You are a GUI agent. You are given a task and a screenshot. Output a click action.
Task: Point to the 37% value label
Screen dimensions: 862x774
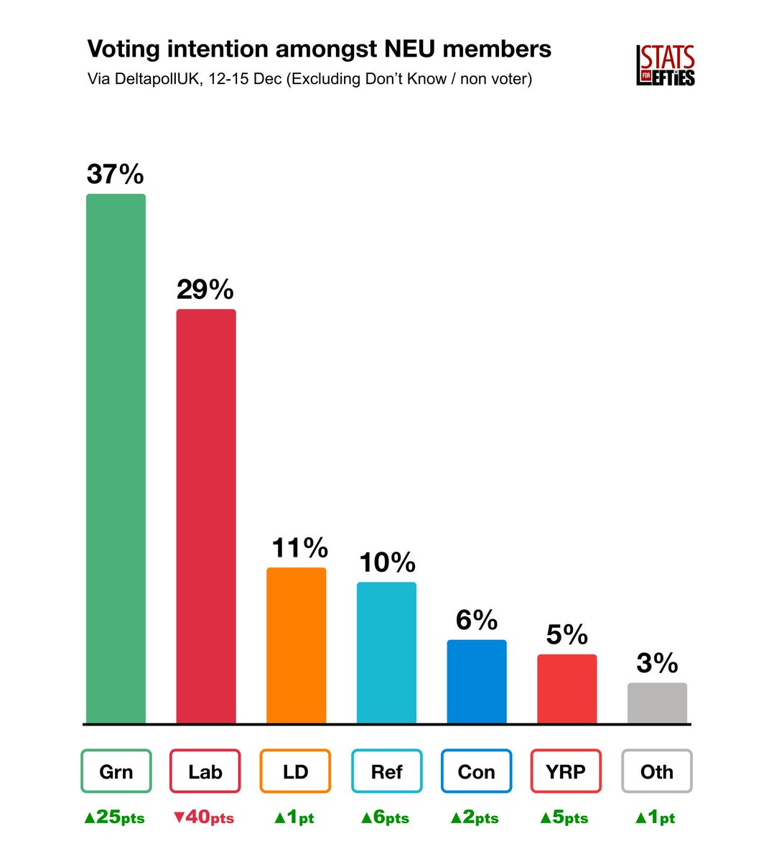coord(116,175)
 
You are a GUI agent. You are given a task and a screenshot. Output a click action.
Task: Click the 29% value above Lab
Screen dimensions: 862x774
coord(205,289)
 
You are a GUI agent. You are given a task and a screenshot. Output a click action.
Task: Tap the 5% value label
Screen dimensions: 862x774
coord(567,634)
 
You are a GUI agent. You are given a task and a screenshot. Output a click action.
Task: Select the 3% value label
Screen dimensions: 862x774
coord(657,663)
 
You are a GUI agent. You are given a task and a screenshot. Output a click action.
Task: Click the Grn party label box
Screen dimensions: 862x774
coord(116,771)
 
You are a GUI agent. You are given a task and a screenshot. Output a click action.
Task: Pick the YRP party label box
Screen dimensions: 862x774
coord(566,771)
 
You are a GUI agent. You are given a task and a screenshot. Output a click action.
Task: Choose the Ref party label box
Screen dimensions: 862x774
coord(386,771)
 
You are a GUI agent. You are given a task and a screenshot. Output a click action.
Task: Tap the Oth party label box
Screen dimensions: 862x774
coord(657,771)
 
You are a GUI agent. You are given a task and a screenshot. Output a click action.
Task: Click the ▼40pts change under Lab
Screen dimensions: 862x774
coord(205,817)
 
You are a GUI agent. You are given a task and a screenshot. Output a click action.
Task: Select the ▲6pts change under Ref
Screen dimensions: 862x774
coord(386,817)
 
